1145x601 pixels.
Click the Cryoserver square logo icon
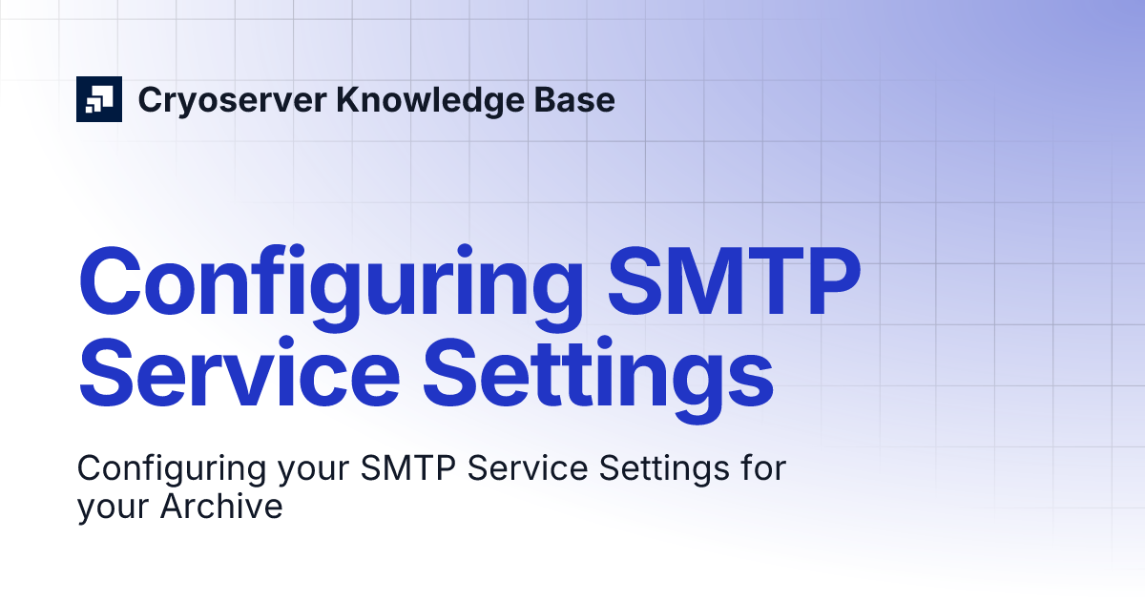(x=99, y=98)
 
